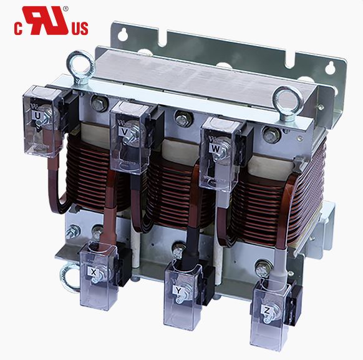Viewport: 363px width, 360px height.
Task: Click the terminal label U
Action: click(38, 115)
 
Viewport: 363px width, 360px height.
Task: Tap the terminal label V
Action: click(124, 132)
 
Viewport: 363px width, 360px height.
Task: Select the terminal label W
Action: click(215, 149)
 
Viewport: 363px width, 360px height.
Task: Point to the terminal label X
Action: click(93, 272)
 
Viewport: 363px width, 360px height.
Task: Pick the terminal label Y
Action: click(178, 290)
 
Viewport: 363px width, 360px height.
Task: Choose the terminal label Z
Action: click(266, 311)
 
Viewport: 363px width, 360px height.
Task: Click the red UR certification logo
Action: click(46, 21)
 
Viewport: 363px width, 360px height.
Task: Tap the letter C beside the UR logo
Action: click(18, 29)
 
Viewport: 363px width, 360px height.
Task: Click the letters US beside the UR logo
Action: click(80, 29)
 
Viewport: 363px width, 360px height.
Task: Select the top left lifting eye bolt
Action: click(81, 66)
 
